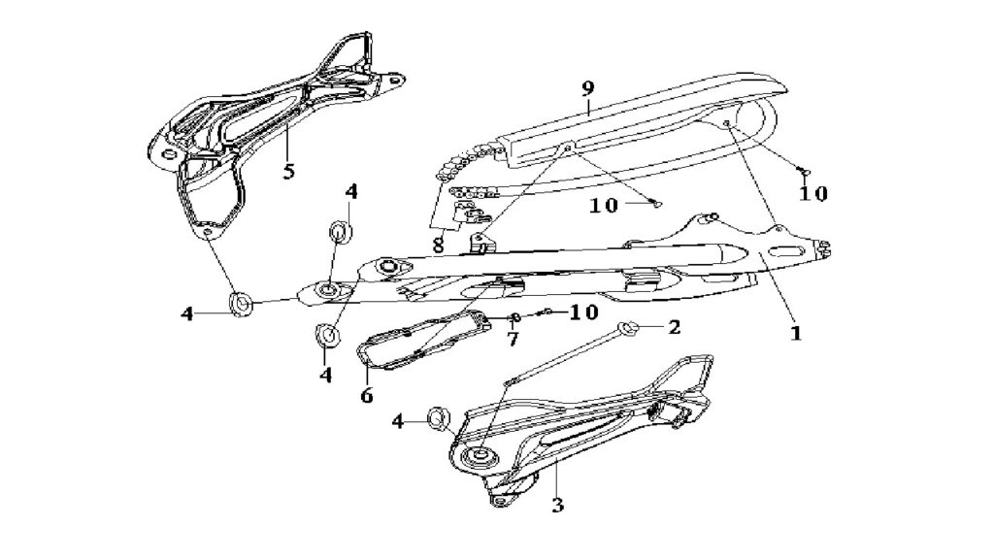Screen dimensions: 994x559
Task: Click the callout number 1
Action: tap(796, 332)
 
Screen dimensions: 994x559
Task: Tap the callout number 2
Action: tap(674, 327)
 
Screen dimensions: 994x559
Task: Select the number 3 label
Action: tap(557, 505)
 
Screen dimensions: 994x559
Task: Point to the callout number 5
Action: tap(288, 171)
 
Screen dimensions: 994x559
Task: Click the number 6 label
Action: tap(366, 396)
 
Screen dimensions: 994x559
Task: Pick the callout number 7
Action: tap(513, 339)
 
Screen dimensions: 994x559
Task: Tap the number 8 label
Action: tap(438, 245)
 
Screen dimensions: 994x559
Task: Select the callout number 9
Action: tap(587, 88)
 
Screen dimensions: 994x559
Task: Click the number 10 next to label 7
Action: tap(583, 312)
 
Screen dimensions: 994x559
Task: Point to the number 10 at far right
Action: tap(812, 193)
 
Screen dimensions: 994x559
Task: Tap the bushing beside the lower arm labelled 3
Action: tap(439, 418)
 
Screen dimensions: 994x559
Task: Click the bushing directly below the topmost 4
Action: tap(341, 231)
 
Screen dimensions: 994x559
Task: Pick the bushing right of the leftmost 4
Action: tap(242, 303)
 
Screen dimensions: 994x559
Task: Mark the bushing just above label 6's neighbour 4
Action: tap(326, 334)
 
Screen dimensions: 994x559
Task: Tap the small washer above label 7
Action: tap(515, 317)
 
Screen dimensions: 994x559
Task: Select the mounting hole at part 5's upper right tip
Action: tap(396, 82)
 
